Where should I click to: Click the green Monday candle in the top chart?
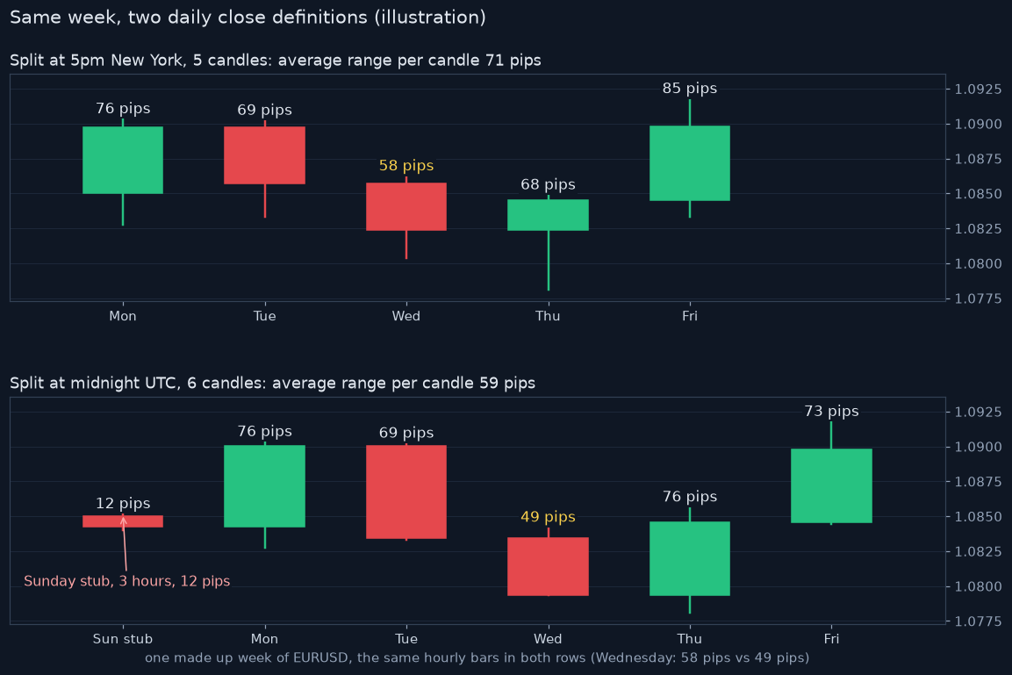[123, 160]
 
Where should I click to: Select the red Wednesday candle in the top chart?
[406, 206]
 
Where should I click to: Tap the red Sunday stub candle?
[123, 521]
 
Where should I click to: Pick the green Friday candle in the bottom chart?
[831, 485]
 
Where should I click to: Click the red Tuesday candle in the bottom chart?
[406, 492]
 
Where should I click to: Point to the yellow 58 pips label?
[406, 165]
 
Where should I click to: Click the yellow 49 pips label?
[548, 517]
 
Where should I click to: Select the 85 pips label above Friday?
[689, 89]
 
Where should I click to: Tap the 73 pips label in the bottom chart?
[831, 411]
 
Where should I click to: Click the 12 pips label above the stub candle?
[123, 503]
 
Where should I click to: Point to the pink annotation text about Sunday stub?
[126, 581]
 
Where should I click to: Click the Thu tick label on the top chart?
[548, 316]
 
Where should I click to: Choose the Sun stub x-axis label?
[123, 639]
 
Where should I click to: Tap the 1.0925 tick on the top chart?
[978, 89]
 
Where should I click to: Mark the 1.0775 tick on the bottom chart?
[978, 621]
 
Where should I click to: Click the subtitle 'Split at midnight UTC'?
[93, 384]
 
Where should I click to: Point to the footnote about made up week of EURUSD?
[477, 657]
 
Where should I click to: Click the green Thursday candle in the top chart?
[548, 215]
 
